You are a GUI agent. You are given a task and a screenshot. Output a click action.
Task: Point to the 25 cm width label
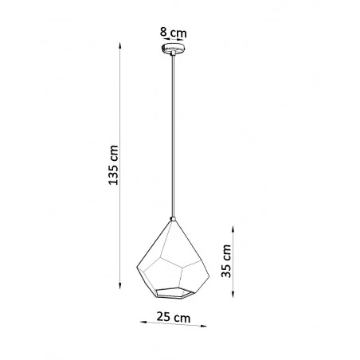pyautogui.click(x=173, y=318)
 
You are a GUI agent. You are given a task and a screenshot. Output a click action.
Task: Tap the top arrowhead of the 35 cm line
pyautogui.click(x=233, y=222)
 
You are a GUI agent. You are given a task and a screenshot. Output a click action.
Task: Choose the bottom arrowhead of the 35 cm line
pyautogui.click(x=233, y=299)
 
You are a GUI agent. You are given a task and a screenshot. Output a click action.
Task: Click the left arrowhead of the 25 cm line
pyautogui.click(x=143, y=323)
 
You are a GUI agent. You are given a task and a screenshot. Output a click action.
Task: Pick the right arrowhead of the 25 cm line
pyautogui.click(x=203, y=327)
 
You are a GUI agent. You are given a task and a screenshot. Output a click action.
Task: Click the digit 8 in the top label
pyautogui.click(x=162, y=33)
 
